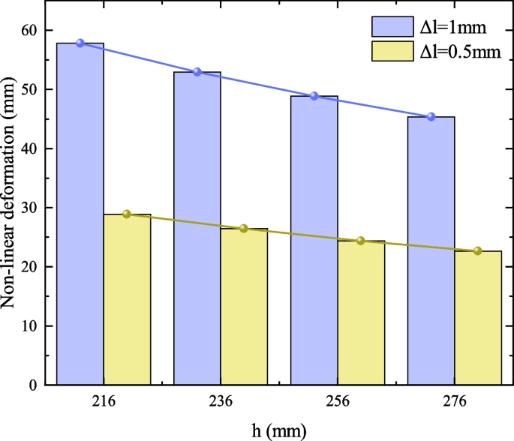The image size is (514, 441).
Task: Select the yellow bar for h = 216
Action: tap(127, 299)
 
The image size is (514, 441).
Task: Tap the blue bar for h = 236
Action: tap(197, 228)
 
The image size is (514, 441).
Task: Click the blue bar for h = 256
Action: tap(314, 240)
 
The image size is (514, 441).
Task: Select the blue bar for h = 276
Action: tap(431, 250)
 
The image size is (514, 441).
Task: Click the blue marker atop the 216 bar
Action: tap(80, 43)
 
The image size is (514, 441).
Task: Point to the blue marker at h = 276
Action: tap(431, 117)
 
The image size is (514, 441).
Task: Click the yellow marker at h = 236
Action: tap(244, 228)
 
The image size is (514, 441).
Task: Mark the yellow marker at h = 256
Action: tap(361, 241)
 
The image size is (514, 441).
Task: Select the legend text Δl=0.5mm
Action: tap(458, 52)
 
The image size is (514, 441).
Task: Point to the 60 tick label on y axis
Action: tap(29, 31)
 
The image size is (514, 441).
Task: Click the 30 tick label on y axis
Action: tap(29, 208)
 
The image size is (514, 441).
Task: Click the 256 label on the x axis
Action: tap(338, 403)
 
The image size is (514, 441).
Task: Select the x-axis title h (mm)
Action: tap(278, 430)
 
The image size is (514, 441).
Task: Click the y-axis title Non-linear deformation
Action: tap(11, 206)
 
